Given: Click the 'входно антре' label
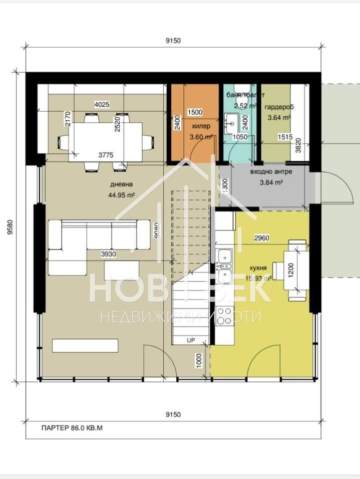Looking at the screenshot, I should coord(271,172).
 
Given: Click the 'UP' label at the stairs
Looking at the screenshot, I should coord(191,340).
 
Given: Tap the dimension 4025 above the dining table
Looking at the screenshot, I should coord(102,105).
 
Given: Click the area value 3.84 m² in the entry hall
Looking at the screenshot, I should coord(271,182).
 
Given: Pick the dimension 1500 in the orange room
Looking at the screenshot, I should coord(195,112).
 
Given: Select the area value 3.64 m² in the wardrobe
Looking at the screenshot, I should coord(279,118).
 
